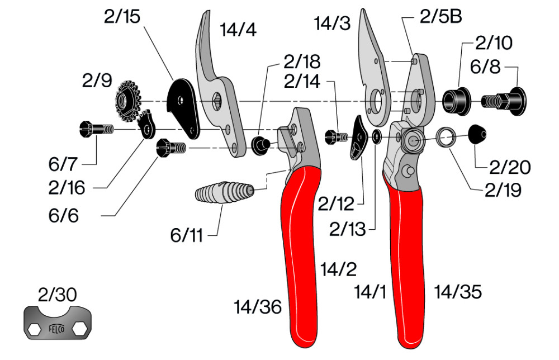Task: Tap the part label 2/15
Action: coord(122,17)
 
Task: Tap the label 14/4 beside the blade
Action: coord(238,30)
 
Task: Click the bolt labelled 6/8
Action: coord(504,101)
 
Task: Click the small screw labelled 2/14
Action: coord(334,135)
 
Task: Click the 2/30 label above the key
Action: coord(57,293)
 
